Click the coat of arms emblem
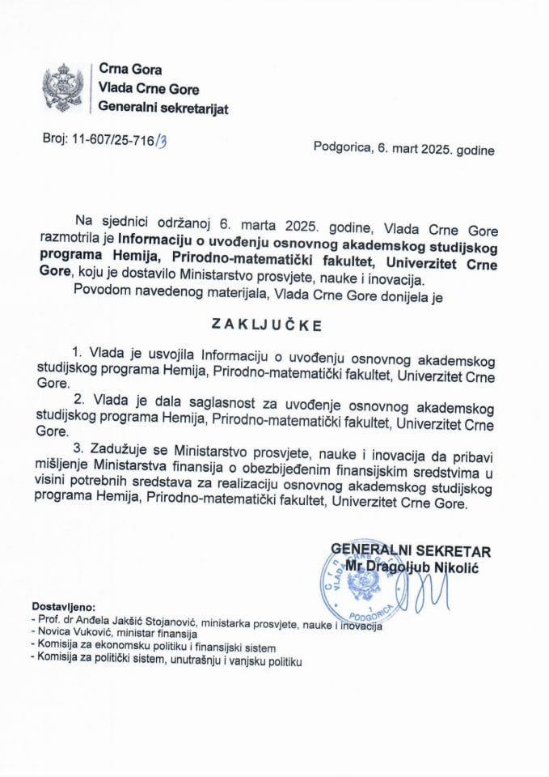tap(63, 88)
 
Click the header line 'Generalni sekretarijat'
tap(163, 108)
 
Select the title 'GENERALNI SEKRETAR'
tap(410, 551)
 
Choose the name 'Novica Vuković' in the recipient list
tap(72, 634)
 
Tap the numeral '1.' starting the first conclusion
tap(78, 353)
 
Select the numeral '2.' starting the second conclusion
tap(78, 398)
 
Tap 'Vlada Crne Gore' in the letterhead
tap(148, 89)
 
